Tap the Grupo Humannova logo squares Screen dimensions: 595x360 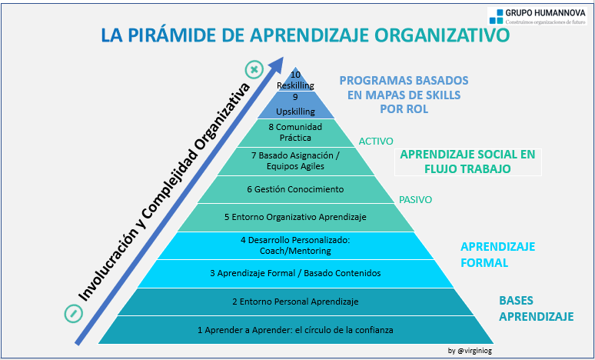[x=497, y=17]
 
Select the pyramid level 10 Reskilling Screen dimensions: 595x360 [x=295, y=80]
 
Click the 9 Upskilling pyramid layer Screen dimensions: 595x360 [x=296, y=105]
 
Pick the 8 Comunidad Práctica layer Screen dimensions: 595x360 [x=296, y=133]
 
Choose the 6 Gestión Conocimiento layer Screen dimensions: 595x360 [x=296, y=189]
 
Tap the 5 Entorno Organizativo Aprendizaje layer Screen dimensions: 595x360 [x=296, y=218]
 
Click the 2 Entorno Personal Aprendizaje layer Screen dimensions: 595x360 [x=296, y=302]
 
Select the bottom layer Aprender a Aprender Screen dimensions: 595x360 [x=296, y=330]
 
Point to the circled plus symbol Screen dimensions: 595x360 [x=254, y=70]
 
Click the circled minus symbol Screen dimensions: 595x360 [x=74, y=314]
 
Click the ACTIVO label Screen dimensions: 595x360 [x=376, y=142]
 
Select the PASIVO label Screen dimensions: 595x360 [x=416, y=200]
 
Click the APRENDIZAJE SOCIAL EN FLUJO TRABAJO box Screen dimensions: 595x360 [x=468, y=162]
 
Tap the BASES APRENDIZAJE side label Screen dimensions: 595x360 [x=536, y=308]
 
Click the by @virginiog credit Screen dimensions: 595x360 [x=470, y=351]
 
